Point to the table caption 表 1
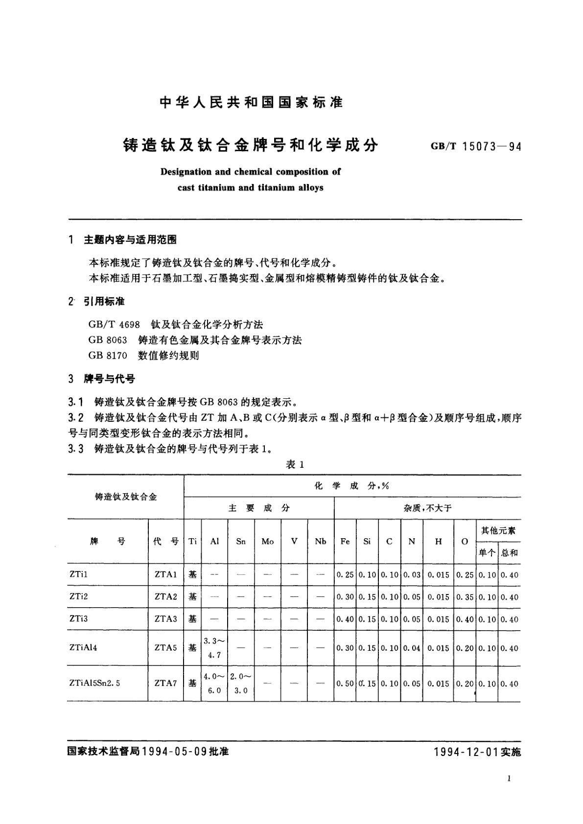295,465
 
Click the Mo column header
268,541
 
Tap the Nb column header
321,541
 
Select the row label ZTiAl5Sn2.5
95,683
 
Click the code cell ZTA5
165,647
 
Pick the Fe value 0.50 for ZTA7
345,684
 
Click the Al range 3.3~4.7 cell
214,647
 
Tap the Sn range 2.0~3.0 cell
241,683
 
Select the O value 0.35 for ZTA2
465,597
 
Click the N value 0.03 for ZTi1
412,575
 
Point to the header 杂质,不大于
427,508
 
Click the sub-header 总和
509,553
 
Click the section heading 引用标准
104,301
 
